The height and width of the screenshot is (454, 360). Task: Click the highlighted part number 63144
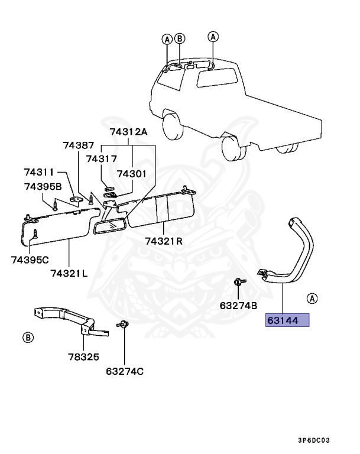pos(287,320)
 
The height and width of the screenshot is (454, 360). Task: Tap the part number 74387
pos(79,145)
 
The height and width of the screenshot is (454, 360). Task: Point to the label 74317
pos(101,158)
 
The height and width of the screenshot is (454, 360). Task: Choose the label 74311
pos(39,172)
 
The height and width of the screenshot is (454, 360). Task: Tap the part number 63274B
pos(238,306)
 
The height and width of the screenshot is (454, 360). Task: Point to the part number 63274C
pos(125,371)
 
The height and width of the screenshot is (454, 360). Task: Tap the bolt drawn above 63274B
pos(238,283)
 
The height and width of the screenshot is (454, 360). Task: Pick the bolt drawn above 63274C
pos(124,325)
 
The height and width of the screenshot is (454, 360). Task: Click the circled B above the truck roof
pos(180,39)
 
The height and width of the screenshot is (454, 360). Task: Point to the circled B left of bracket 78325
pos(27,338)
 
